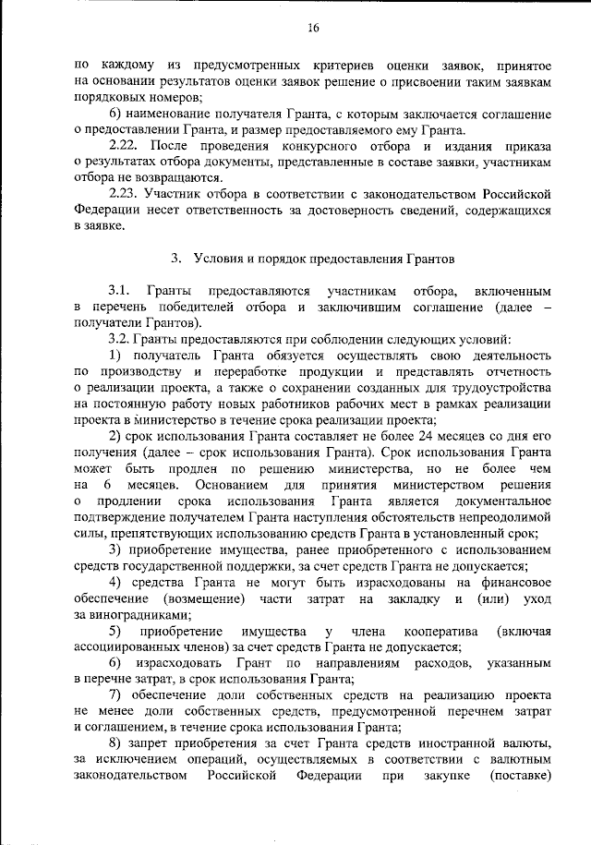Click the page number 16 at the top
(x=313, y=28)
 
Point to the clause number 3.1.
(x=123, y=291)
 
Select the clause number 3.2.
(x=122, y=337)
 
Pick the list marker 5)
(x=116, y=631)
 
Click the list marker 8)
(x=116, y=743)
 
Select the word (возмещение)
(x=199, y=598)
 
